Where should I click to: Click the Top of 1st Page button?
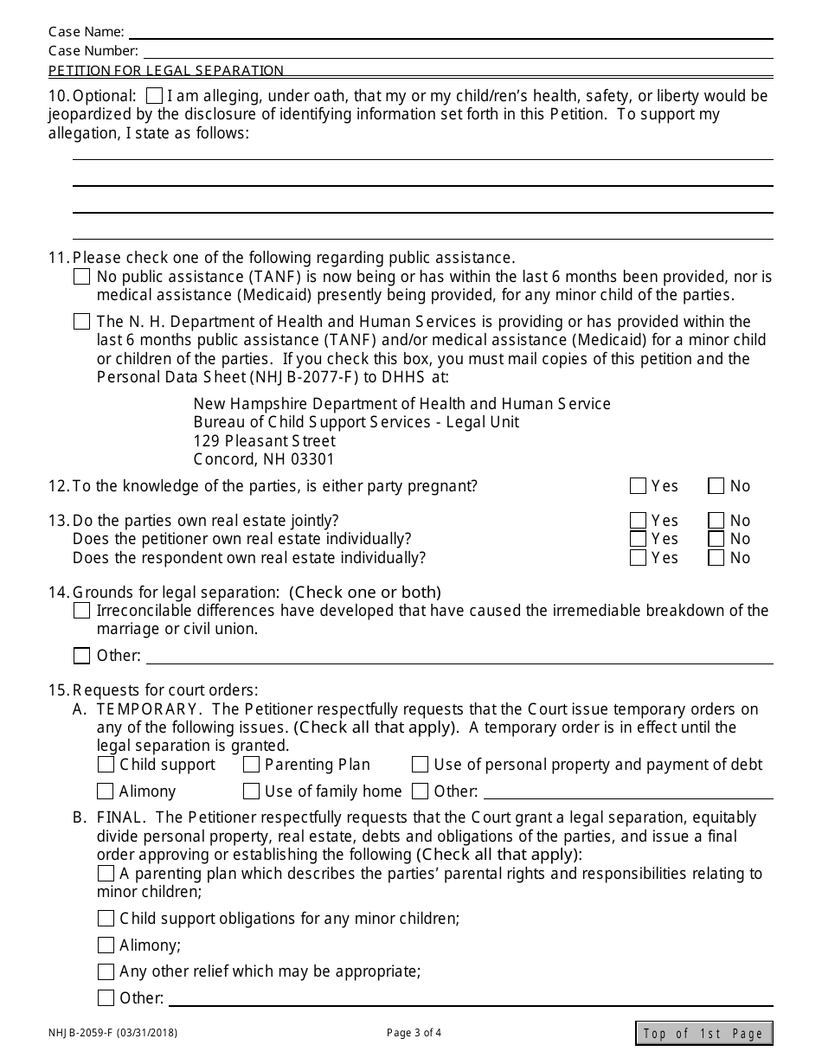click(x=703, y=1033)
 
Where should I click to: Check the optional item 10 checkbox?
click(x=155, y=96)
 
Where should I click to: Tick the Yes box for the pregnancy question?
click(x=639, y=486)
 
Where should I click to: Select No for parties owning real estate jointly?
click(x=716, y=521)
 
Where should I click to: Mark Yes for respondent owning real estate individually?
click(x=639, y=558)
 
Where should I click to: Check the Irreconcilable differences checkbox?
click(x=82, y=611)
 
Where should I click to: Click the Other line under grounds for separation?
click(x=459, y=656)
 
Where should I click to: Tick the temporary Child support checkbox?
click(x=106, y=765)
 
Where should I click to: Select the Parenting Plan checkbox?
click(x=252, y=765)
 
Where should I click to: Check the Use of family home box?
click(x=252, y=792)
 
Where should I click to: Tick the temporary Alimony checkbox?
click(x=106, y=792)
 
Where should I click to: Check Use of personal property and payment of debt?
click(x=421, y=765)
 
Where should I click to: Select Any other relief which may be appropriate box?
click(x=106, y=971)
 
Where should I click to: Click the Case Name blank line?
click(x=450, y=32)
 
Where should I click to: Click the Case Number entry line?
click(x=457, y=51)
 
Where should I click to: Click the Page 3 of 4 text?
click(x=414, y=1032)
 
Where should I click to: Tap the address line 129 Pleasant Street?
click(x=264, y=441)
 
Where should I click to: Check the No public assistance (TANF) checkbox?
click(x=82, y=277)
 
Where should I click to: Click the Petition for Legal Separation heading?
click(x=166, y=71)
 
